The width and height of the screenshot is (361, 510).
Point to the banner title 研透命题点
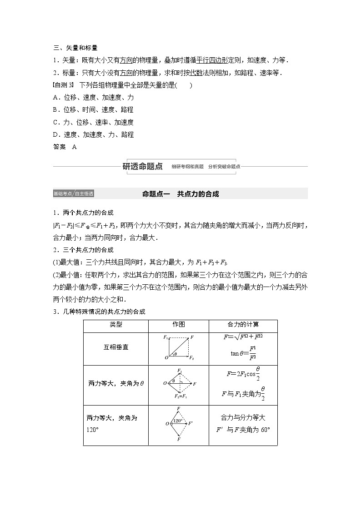[x=143, y=166]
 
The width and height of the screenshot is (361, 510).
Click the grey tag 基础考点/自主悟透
[x=73, y=194]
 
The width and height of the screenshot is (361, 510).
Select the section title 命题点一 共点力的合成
[x=180, y=194]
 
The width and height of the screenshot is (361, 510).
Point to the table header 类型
[x=116, y=325]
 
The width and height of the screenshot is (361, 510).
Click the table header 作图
[x=179, y=325]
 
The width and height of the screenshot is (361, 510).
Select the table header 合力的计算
[x=243, y=325]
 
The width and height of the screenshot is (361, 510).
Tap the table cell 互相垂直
[x=116, y=347]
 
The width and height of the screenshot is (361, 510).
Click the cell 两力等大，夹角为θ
[x=116, y=383]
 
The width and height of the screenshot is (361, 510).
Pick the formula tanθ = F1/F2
[x=244, y=355]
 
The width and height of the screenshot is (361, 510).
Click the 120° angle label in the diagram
[x=178, y=421]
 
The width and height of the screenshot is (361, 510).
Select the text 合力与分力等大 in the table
[x=243, y=418]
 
